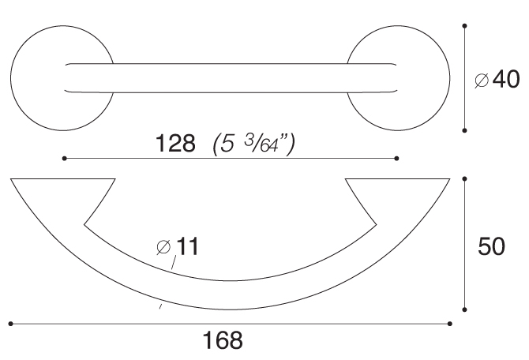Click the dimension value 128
(x=175, y=143)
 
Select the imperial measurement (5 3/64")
(x=254, y=144)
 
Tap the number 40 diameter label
(x=506, y=79)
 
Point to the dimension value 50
(x=492, y=246)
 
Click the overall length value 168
(x=223, y=340)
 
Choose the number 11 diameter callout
(x=187, y=246)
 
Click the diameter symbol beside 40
(x=482, y=81)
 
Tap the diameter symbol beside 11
(x=163, y=247)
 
